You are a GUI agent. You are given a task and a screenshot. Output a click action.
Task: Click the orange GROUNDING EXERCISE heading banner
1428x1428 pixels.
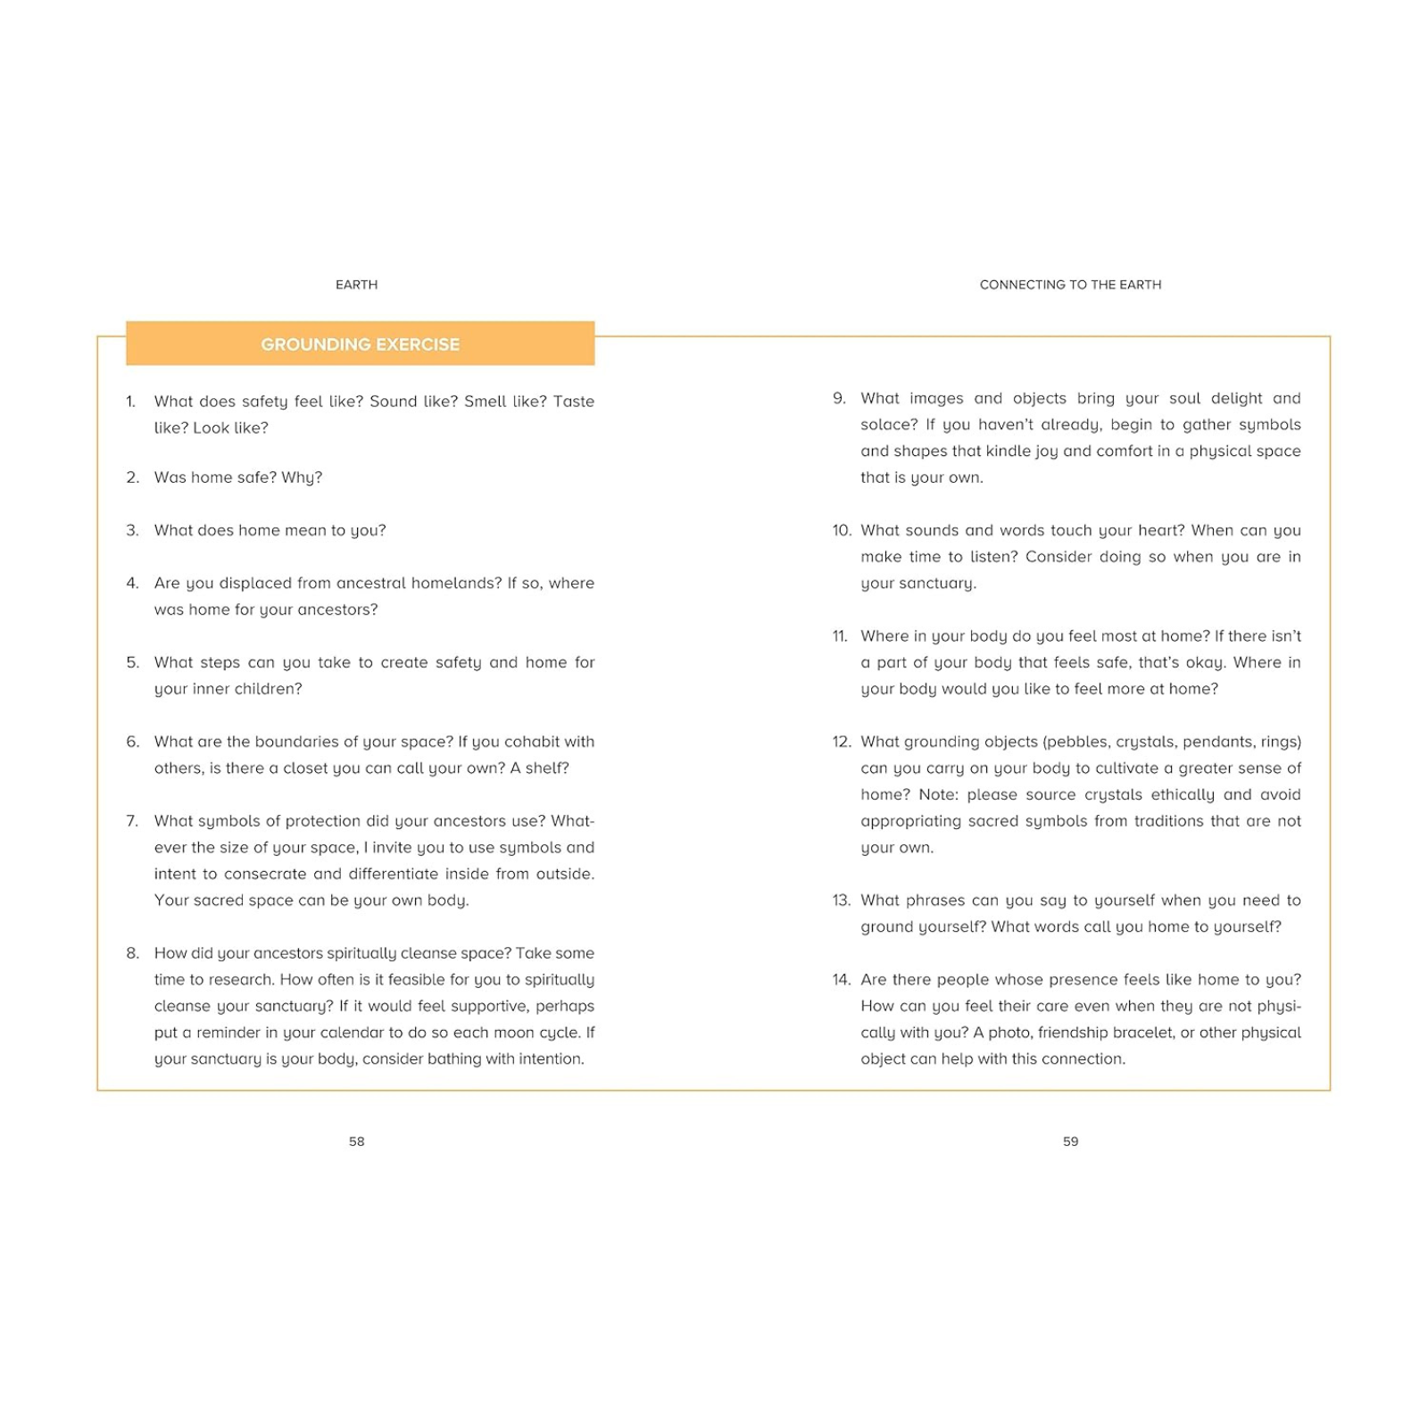[360, 344]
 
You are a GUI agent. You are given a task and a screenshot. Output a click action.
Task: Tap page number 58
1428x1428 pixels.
[356, 1141]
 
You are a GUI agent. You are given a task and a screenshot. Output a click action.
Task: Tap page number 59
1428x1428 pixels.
[1070, 1141]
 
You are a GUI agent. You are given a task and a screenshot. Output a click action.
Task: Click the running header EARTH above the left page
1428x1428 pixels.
[356, 285]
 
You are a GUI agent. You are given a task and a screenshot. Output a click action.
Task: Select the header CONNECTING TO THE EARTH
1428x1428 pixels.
[1070, 285]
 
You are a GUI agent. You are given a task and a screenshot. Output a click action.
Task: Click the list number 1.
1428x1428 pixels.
[130, 402]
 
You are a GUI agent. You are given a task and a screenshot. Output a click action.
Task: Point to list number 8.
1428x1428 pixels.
[132, 953]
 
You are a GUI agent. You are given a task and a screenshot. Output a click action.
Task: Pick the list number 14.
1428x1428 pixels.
[841, 980]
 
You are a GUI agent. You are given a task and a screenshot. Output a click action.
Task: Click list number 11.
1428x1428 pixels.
[840, 636]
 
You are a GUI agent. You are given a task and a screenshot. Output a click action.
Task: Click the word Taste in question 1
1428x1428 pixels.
[573, 402]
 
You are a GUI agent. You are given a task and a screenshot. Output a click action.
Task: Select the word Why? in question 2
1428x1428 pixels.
[302, 477]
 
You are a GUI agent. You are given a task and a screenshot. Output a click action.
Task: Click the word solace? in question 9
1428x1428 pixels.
[889, 425]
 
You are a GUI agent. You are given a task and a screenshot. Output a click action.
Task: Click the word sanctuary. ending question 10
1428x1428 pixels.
[918, 584]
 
